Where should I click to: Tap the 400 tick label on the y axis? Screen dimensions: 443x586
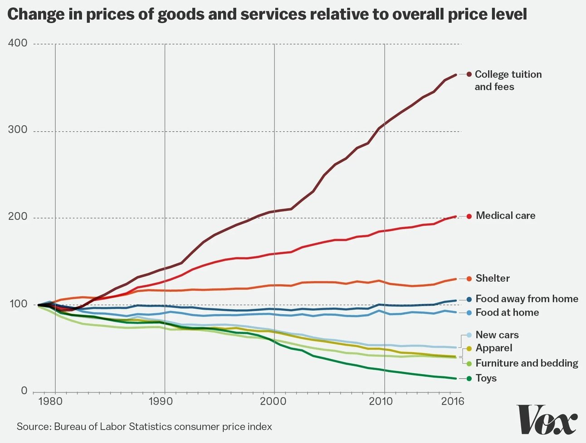[x=18, y=43]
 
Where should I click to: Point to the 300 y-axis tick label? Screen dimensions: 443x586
[x=18, y=130]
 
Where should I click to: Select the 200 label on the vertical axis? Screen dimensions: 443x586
[x=18, y=217]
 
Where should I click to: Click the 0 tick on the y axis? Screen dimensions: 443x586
[x=24, y=391]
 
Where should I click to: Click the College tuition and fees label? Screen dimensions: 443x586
[x=508, y=80]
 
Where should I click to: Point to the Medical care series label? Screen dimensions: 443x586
[x=505, y=216]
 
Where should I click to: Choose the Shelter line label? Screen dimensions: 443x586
[x=493, y=278]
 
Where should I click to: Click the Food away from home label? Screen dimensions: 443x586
[x=527, y=299]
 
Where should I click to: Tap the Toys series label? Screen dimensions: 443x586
[x=486, y=378]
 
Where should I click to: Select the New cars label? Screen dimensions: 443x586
[x=497, y=335]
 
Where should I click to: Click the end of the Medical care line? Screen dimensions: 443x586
[x=455, y=216]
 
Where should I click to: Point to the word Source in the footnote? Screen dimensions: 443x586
[x=33, y=427]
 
